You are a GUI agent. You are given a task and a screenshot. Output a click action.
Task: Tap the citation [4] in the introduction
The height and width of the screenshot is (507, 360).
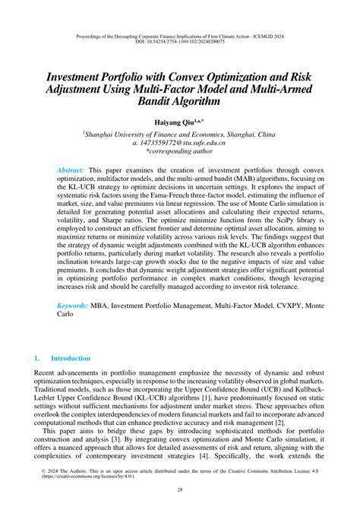(216, 460)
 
